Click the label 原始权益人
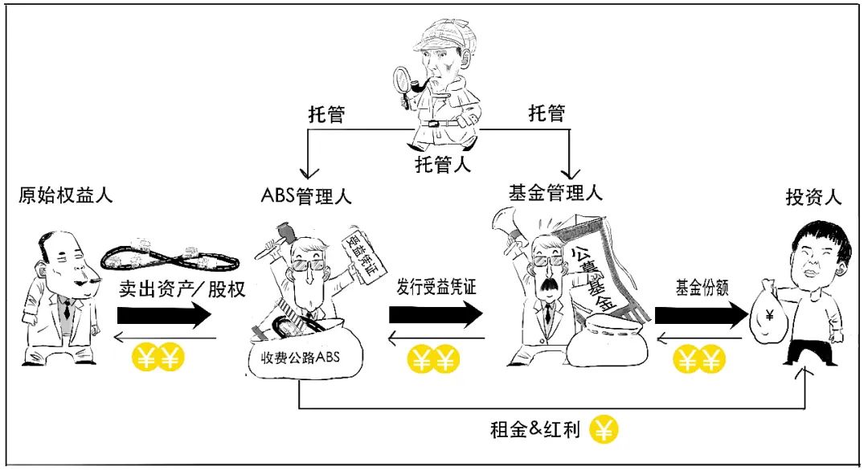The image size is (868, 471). (x=65, y=195)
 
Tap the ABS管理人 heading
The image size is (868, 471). (x=306, y=196)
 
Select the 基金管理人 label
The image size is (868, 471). (x=555, y=193)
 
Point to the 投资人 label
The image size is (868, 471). (x=813, y=197)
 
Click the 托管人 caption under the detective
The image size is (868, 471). (x=443, y=165)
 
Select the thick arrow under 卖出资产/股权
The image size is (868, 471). (x=165, y=315)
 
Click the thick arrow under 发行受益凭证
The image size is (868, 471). (x=436, y=315)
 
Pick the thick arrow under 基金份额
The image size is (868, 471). (x=702, y=315)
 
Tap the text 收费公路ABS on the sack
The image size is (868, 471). (x=300, y=358)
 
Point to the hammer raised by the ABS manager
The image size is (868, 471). (x=277, y=239)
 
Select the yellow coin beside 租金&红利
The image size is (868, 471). (x=603, y=430)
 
